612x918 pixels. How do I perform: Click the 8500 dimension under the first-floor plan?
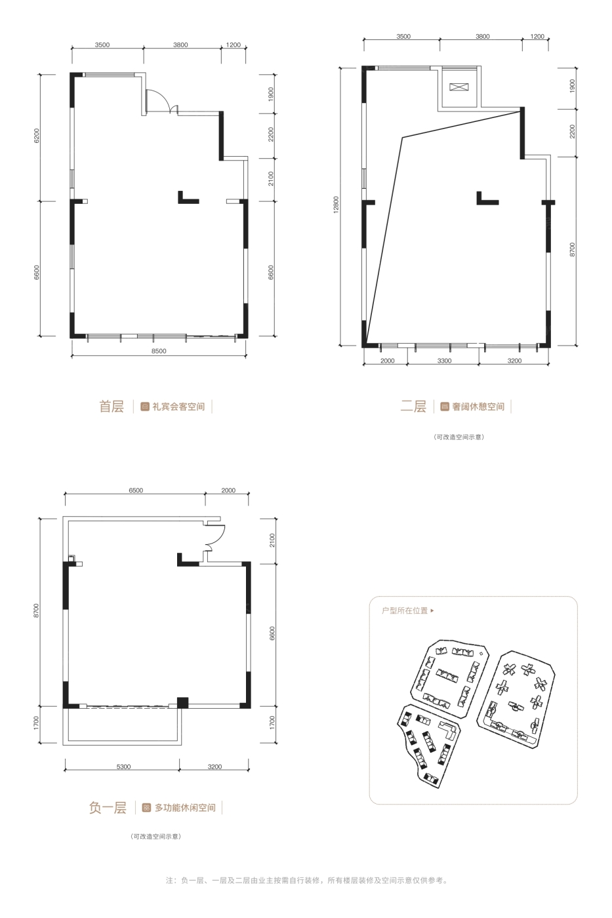click(x=159, y=351)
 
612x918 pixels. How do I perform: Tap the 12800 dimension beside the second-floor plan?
click(x=336, y=205)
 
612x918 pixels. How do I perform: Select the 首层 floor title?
click(x=112, y=407)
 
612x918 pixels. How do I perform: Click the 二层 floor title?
click(x=413, y=407)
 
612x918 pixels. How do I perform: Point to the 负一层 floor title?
click(x=108, y=808)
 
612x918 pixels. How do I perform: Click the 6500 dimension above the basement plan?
click(x=136, y=490)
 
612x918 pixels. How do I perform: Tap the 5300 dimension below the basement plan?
click(x=123, y=767)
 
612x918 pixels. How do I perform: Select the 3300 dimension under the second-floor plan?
click(x=444, y=361)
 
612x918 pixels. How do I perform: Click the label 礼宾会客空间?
click(x=178, y=407)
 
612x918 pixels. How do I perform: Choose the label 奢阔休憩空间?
click(x=478, y=407)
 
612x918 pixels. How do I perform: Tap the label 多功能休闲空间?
click(x=185, y=808)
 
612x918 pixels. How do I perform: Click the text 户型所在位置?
click(x=405, y=610)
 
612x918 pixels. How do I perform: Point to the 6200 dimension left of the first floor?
click(x=37, y=135)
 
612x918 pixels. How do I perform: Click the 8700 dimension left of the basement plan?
click(x=36, y=610)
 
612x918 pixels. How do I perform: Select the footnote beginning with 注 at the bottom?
click(x=306, y=880)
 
